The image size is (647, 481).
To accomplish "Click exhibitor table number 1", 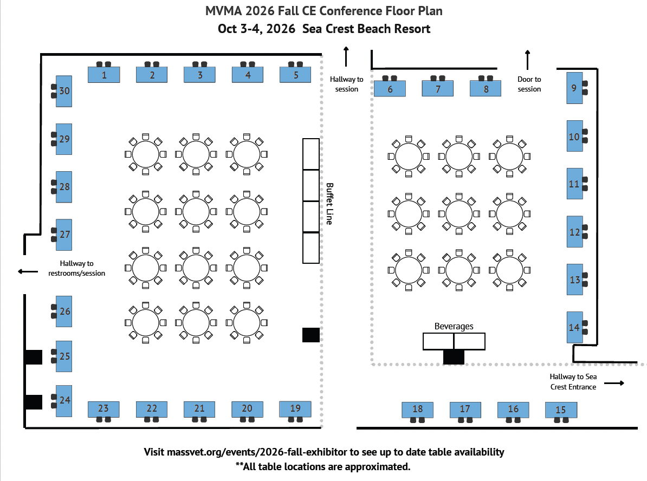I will click(x=104, y=74).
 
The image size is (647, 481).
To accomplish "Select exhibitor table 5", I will click(x=295, y=74).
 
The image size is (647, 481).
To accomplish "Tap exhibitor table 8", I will click(x=486, y=88).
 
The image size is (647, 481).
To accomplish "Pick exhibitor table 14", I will click(x=575, y=327).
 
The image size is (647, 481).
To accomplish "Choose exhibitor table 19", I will click(x=295, y=408).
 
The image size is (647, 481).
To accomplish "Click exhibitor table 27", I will click(x=64, y=235).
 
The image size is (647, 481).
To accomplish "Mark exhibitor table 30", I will click(x=64, y=90).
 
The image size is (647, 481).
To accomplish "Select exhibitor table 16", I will click(x=513, y=409).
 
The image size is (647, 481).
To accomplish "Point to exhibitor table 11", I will click(x=575, y=184).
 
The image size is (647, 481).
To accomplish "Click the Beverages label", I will click(x=454, y=326).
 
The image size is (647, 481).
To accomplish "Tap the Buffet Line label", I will click(x=329, y=203).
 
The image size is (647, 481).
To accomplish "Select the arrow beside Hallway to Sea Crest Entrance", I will click(x=614, y=383).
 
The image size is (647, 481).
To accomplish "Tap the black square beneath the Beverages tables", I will click(x=454, y=356).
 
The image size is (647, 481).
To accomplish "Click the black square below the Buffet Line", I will click(x=310, y=335).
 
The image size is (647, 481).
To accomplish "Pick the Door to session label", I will click(x=529, y=84).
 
